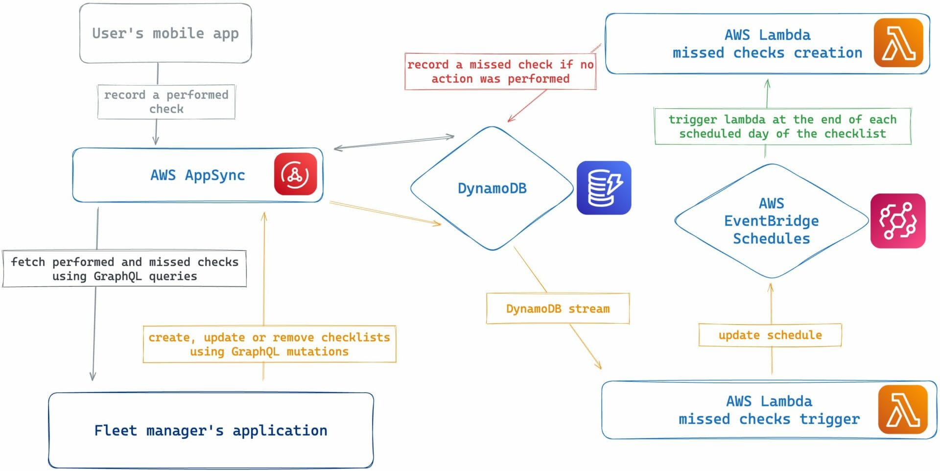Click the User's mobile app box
click(x=165, y=33)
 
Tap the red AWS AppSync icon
click(x=295, y=174)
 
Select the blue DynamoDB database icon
click(x=604, y=188)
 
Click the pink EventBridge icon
click(x=897, y=221)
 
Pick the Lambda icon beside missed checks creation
click(x=898, y=43)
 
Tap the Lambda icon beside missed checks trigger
click(x=902, y=409)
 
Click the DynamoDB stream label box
click(x=558, y=308)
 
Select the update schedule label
click(x=770, y=335)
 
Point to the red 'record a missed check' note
click(x=500, y=71)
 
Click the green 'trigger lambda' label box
click(x=782, y=126)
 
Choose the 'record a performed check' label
click(x=166, y=102)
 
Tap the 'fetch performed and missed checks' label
click(x=124, y=269)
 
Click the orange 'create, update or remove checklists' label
click(x=269, y=344)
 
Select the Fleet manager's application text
click(x=211, y=430)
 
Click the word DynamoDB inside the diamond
click(x=492, y=188)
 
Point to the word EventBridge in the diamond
click(x=771, y=221)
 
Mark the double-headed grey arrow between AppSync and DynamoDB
click(x=394, y=142)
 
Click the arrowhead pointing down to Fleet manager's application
click(x=93, y=377)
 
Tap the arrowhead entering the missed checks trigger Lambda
click(x=598, y=365)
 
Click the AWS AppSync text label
click(x=197, y=175)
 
